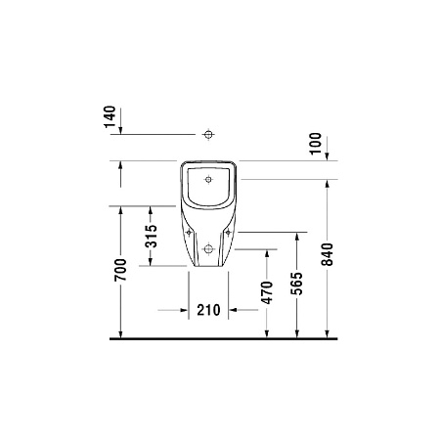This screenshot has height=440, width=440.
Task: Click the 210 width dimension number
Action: [x=206, y=310]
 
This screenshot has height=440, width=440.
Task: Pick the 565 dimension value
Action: [x=295, y=285]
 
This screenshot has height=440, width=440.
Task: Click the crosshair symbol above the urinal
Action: [x=207, y=134]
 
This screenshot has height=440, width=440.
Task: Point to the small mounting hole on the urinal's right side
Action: [x=230, y=234]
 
